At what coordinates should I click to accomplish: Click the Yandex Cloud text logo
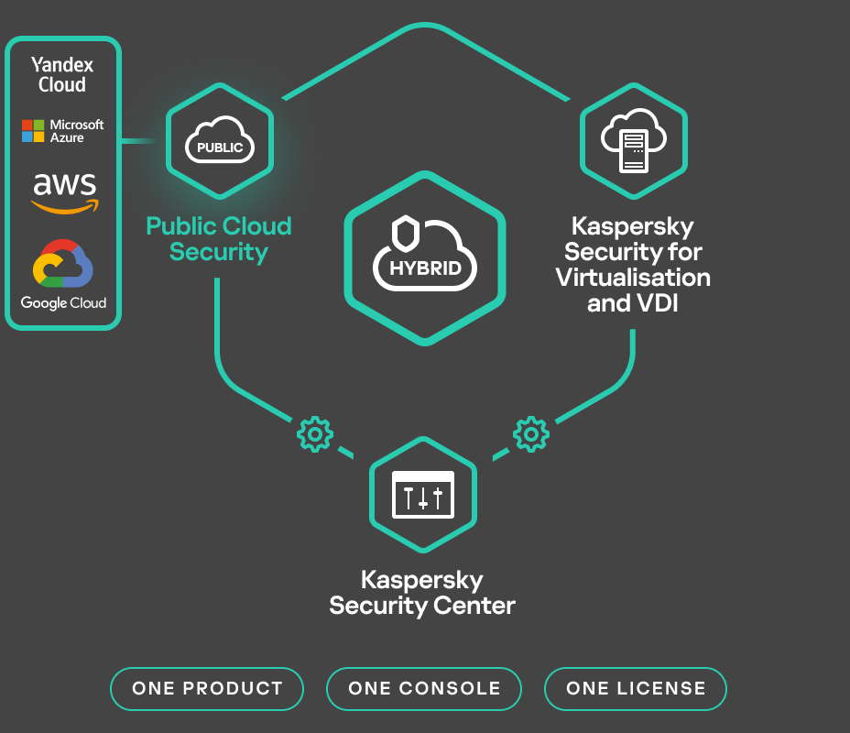coord(62,75)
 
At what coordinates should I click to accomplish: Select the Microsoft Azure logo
coord(63,131)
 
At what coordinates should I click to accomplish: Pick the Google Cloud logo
coord(63,274)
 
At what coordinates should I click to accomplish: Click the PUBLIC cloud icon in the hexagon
coord(220,144)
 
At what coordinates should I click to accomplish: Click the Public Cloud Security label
coord(219,239)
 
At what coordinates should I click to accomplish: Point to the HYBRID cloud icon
coord(425,265)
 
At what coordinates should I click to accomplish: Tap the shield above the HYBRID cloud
coord(403,234)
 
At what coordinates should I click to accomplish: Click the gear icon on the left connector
coord(314,433)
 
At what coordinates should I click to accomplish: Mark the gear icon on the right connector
coord(531,433)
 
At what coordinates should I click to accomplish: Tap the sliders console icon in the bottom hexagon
coord(423,495)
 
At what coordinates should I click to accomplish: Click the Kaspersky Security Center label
coord(422,593)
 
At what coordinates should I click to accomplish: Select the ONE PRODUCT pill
coord(207,689)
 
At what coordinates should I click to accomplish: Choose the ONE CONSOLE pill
coord(424,689)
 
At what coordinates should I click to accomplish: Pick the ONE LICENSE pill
coord(636,689)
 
